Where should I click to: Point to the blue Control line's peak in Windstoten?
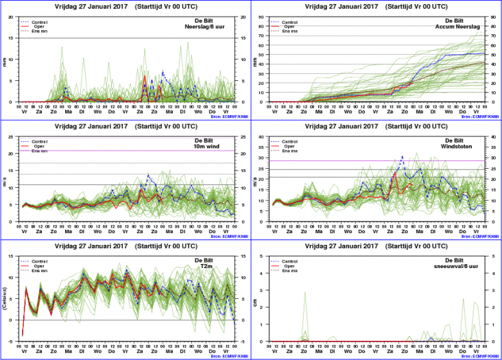tap(402, 157)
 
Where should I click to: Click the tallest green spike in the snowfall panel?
tap(304, 293)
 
